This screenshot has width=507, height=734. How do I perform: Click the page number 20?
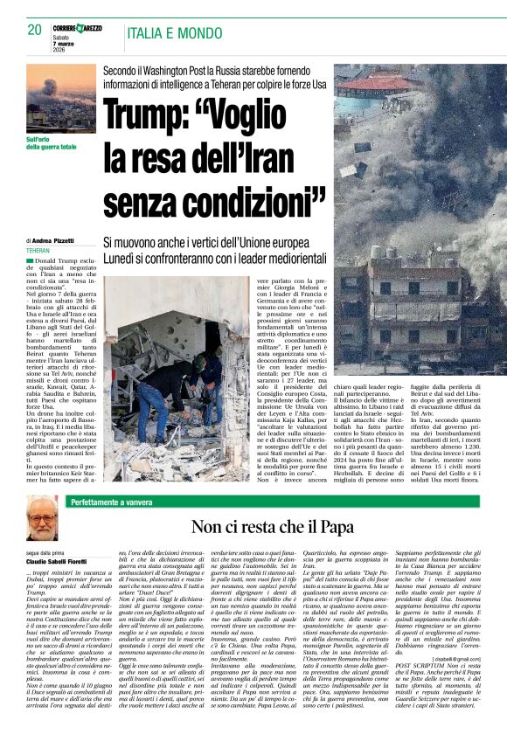click(x=36, y=30)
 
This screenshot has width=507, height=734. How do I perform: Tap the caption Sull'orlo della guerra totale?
click(x=51, y=142)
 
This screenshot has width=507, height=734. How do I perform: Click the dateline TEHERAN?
click(x=38, y=250)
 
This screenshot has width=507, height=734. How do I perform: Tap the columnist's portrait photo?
click(x=42, y=520)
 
